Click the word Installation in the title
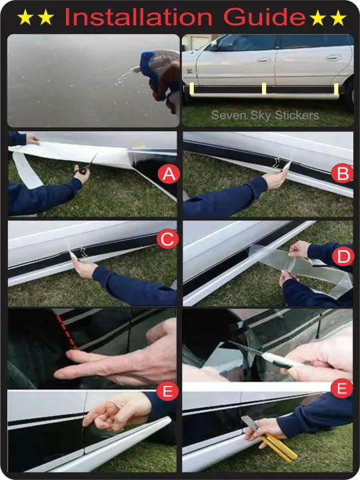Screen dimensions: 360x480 pos(139,17)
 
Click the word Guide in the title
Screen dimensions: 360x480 pos(265,17)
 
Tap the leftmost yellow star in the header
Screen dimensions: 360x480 pos(25,17)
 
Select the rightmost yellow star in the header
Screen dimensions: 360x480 pos(338,17)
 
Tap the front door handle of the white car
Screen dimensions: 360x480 pos(263,60)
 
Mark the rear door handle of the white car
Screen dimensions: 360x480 pos(333,57)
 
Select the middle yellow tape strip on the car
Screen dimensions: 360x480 pos(264,89)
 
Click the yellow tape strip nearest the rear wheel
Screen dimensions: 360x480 pos(336,89)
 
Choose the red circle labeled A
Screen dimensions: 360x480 pos(169,174)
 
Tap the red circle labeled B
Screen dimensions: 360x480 pos(342,173)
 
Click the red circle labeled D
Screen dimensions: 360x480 pos(343,257)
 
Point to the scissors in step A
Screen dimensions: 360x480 pos(85,165)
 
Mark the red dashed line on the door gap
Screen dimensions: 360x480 pos(67,332)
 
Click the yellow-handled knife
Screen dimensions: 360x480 pos(269,439)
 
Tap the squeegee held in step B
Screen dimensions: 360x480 pos(287,165)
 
